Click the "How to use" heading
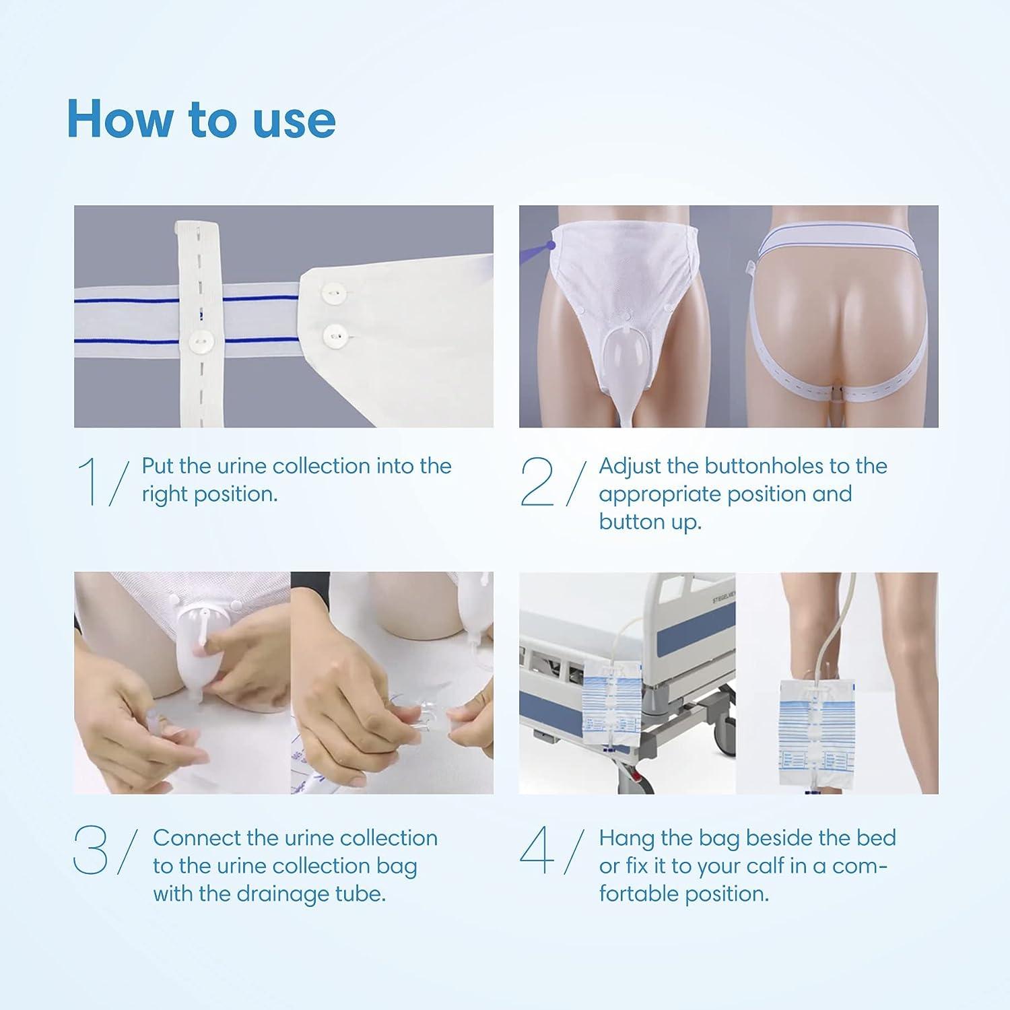point(201,119)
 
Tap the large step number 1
point(88,481)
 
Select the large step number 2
point(537,481)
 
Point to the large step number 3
point(90,852)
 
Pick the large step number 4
point(537,852)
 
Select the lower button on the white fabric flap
point(333,333)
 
